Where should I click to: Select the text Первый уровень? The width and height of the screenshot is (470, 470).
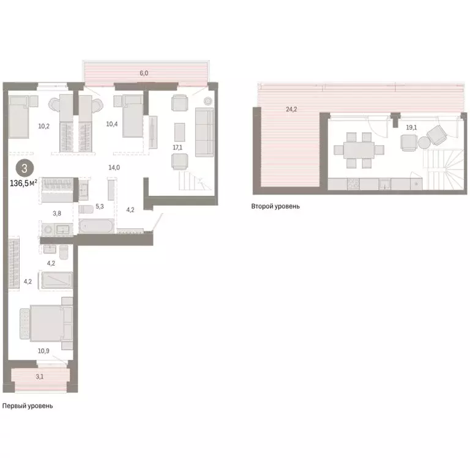point(28,406)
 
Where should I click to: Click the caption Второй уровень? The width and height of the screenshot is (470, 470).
point(275,206)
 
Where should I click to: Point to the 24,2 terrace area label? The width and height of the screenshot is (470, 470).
point(291,110)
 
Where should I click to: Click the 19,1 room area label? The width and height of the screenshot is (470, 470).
point(411,129)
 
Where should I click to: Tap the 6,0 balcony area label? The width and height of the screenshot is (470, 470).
point(144,73)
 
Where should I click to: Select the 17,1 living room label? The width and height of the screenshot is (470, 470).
point(177,147)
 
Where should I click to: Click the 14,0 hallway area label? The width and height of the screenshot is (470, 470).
point(113,167)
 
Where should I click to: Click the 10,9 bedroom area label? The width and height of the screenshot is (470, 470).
point(43,351)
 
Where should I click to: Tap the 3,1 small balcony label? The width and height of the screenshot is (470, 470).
point(40,376)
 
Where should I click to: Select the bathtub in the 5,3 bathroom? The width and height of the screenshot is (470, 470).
point(95,228)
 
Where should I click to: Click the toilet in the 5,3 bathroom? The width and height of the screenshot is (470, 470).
point(86,209)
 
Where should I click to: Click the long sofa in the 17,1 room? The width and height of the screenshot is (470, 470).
point(203,132)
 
